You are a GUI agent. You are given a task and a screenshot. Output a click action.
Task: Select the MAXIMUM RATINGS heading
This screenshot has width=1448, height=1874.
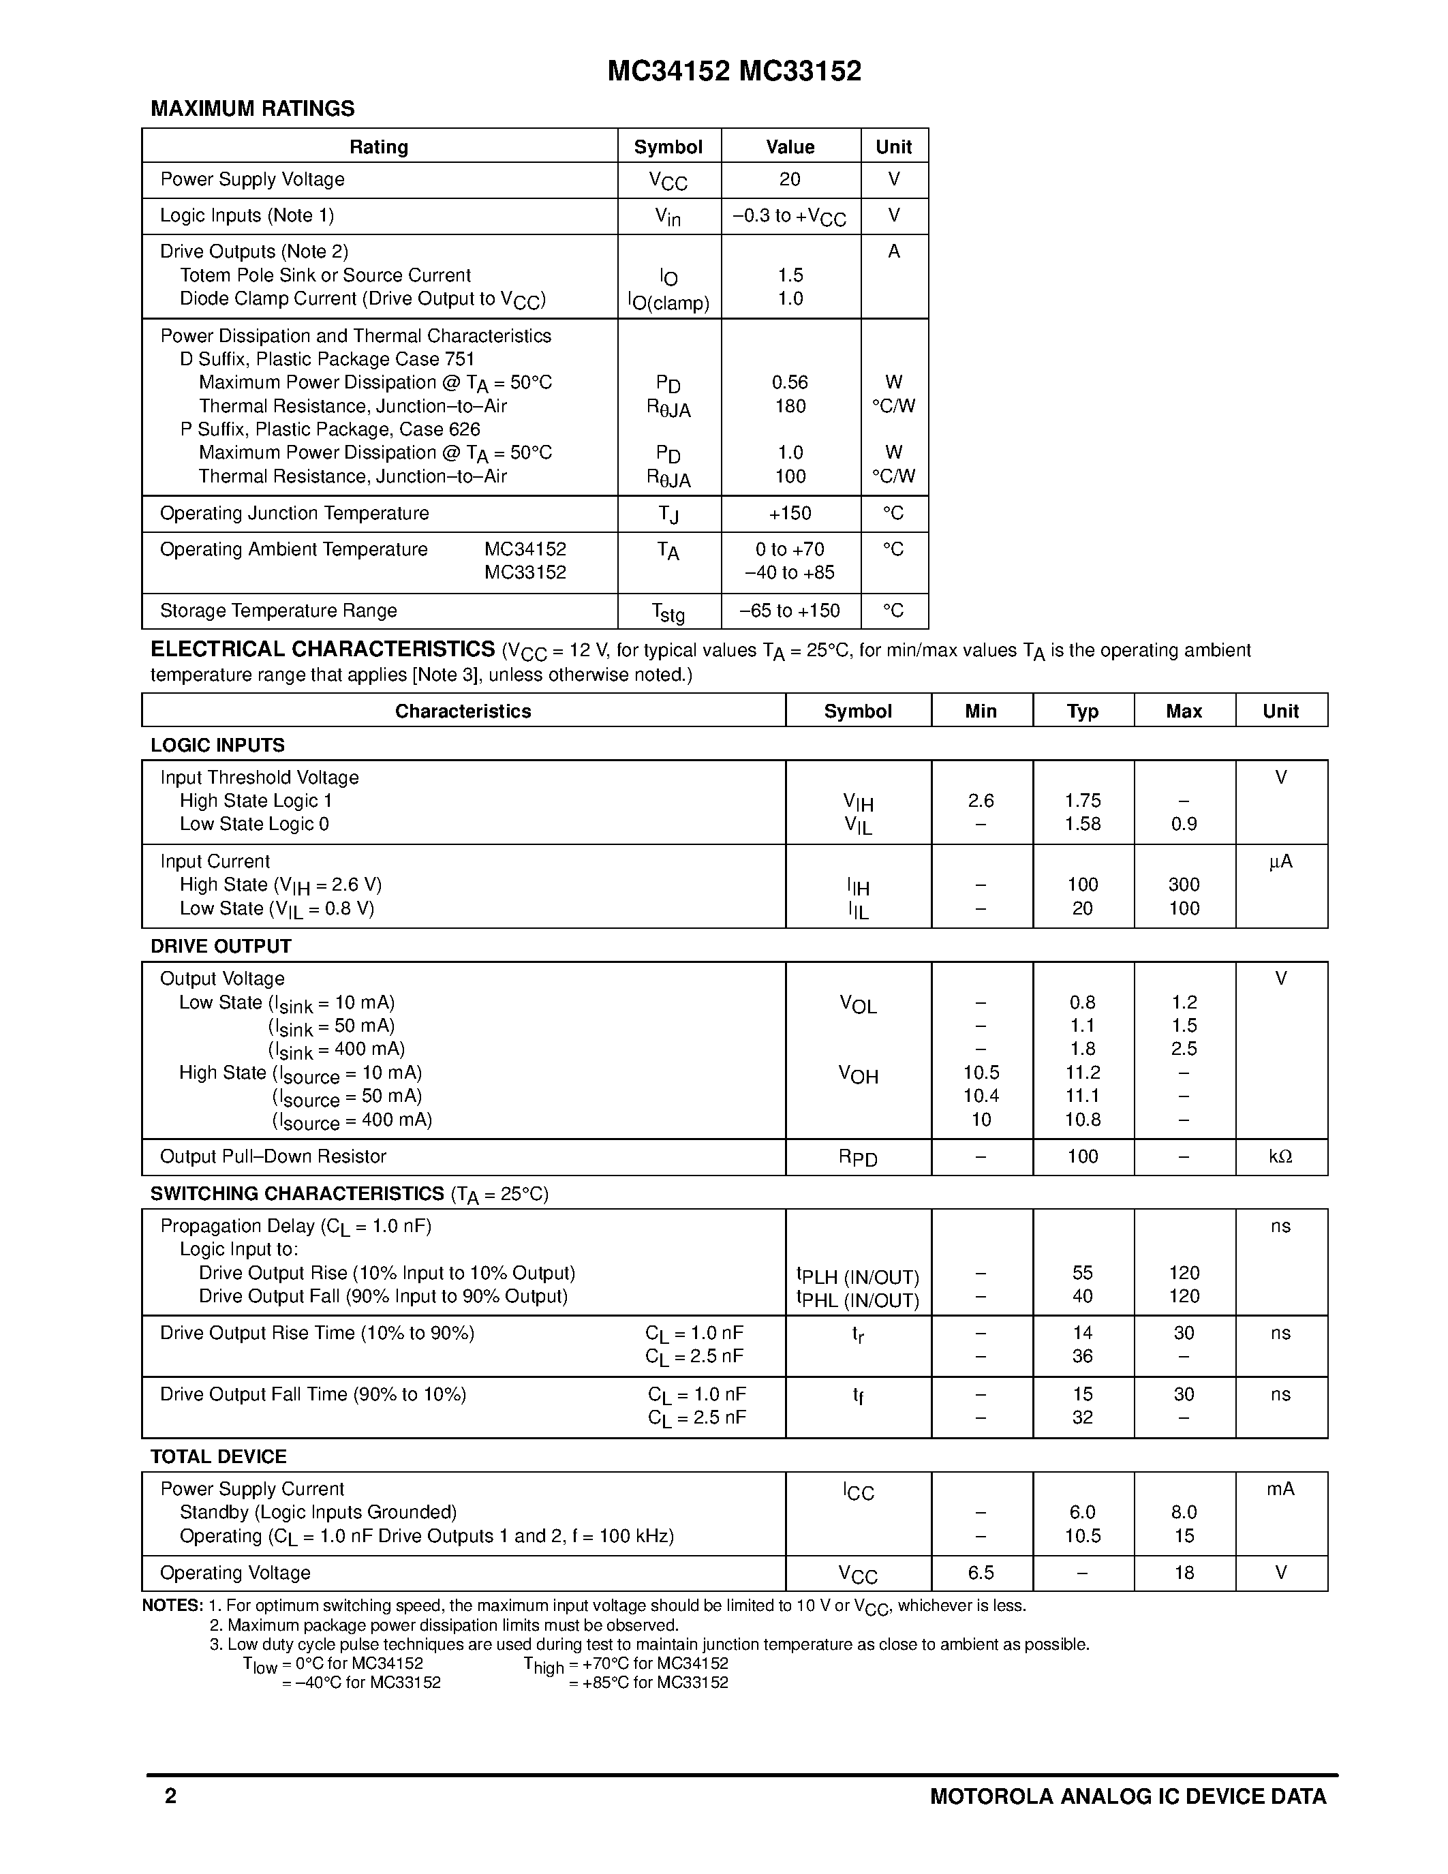[252, 109]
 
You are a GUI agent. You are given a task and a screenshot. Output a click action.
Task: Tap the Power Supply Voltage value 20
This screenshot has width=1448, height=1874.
[790, 179]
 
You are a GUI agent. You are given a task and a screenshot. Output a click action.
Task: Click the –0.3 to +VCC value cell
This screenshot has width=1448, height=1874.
[789, 216]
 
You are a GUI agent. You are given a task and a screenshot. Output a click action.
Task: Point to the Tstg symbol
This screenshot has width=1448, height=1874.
[668, 612]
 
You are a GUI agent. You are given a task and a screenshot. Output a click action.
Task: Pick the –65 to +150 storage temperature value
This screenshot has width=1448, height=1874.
[790, 611]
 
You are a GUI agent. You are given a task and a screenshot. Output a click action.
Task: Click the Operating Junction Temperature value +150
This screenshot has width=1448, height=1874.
[790, 513]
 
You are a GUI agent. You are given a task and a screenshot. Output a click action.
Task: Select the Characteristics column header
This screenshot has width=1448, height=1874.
[463, 711]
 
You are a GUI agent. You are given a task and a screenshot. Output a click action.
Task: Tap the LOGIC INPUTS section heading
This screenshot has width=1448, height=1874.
[218, 745]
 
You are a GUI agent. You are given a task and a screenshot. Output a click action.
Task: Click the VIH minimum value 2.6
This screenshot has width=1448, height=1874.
[981, 801]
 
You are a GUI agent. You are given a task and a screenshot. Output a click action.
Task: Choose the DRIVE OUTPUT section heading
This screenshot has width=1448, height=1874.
[221, 946]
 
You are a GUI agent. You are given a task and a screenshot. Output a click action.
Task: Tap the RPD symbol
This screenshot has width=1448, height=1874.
[858, 1158]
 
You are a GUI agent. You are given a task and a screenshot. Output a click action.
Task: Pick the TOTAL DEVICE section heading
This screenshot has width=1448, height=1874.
[219, 1456]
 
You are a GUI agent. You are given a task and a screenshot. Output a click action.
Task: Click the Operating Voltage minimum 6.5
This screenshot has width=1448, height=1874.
[981, 1573]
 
